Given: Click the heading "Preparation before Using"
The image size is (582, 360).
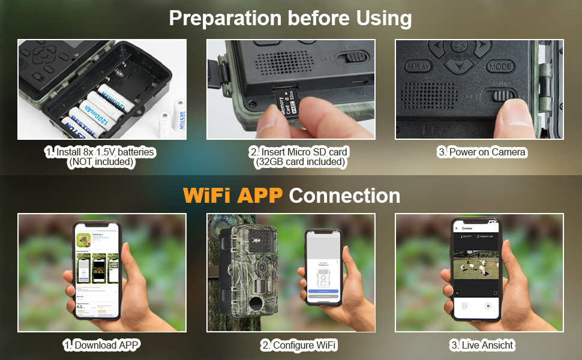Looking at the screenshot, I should (x=290, y=18).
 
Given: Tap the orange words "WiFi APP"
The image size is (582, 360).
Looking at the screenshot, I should (x=232, y=195).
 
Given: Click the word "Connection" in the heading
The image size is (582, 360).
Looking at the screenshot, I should (x=344, y=195).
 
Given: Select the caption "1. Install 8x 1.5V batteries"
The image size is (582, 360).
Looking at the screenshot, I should (x=101, y=152).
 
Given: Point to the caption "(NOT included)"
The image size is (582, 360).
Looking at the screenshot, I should (x=101, y=162).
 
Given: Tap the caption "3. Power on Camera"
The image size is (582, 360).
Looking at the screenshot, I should (x=481, y=152).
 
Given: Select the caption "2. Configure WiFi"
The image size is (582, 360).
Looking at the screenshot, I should (x=298, y=345).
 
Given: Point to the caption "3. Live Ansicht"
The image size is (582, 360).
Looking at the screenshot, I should (x=482, y=345).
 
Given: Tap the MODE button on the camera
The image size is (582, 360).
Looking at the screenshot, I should (x=500, y=66).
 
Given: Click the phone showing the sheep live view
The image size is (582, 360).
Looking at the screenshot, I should (x=475, y=270).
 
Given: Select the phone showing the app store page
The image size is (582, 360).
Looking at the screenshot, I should (x=97, y=270).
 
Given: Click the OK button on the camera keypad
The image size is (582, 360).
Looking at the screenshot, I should (x=459, y=45).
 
